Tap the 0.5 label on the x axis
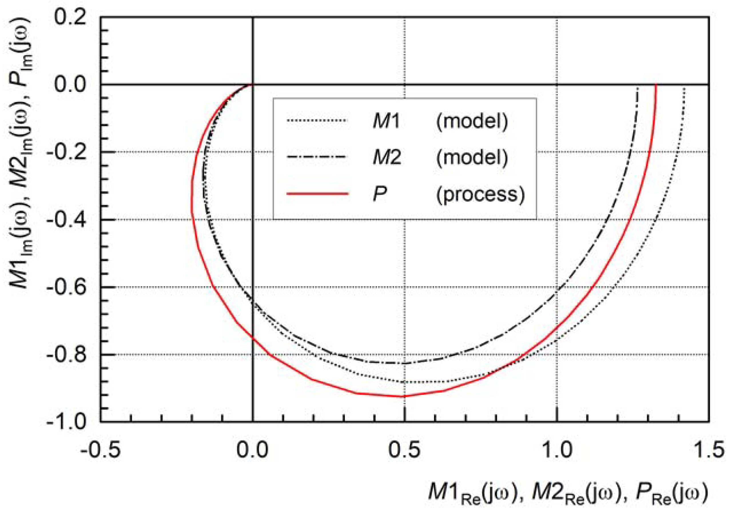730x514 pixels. (404, 450)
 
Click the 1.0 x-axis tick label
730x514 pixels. (556, 450)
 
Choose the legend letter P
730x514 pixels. (380, 194)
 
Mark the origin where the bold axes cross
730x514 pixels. (253, 85)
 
